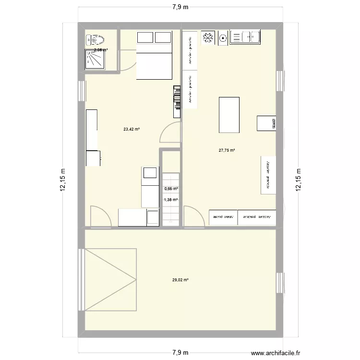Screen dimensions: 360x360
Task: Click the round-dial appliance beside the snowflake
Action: [222, 37]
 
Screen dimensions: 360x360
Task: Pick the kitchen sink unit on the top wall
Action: [245, 37]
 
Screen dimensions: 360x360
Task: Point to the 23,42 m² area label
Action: [131, 129]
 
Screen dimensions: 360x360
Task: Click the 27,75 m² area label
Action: [227, 150]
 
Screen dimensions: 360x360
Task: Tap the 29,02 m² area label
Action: [180, 280]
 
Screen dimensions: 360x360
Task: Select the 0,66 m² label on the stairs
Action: [171, 189]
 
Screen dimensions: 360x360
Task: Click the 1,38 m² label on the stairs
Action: [171, 200]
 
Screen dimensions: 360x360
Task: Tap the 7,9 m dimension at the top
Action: [180, 7]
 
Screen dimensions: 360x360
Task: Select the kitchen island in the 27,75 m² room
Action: [229, 114]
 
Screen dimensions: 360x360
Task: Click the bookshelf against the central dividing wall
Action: [177, 101]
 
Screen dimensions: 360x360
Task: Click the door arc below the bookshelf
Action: [169, 132]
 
